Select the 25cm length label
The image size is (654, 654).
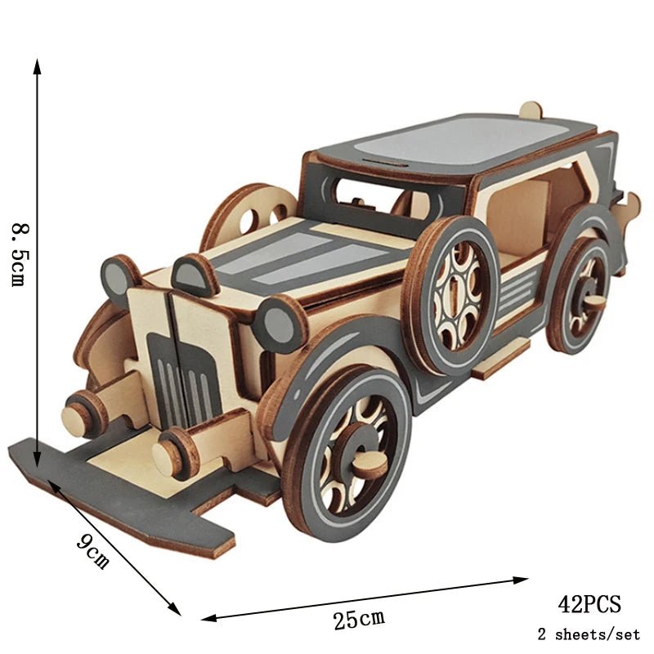pos(358,619)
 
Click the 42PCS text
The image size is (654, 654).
pos(589,605)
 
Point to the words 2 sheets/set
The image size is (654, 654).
pos(589,634)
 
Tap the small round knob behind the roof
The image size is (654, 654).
pos(531,110)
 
